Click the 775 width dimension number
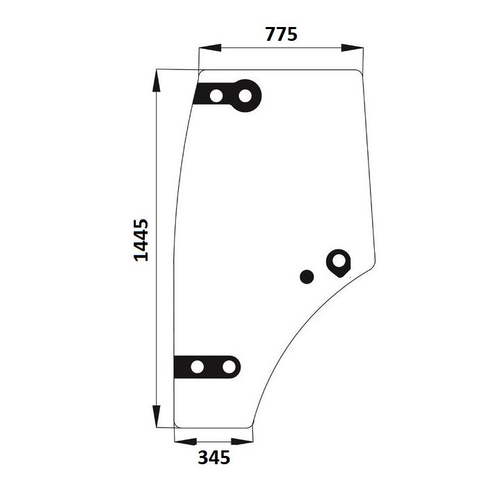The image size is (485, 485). click(281, 35)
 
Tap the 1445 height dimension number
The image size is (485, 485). click(141, 240)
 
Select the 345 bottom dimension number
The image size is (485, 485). click(214, 457)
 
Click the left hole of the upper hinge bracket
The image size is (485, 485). click(216, 96)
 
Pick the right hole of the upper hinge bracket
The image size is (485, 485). click(245, 96)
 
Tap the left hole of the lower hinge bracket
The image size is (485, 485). click(197, 367)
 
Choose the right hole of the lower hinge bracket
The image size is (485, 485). click(229, 367)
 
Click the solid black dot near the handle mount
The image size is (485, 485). click(307, 276)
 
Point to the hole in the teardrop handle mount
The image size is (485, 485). click(339, 261)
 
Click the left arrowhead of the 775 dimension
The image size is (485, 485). click(211, 48)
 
